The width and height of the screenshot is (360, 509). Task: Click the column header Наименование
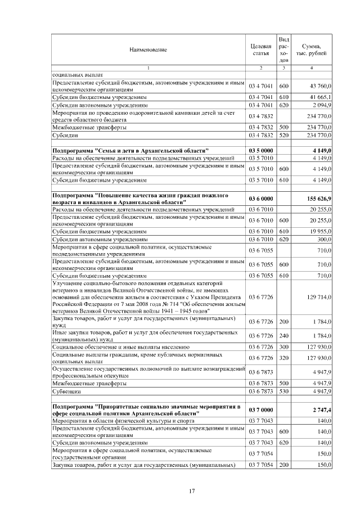point(148,50)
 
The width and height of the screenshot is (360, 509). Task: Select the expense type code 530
point(283,390)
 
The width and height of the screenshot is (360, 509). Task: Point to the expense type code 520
point(283,136)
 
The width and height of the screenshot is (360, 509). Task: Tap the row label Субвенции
point(66,390)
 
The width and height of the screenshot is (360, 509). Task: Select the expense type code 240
point(283,336)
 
